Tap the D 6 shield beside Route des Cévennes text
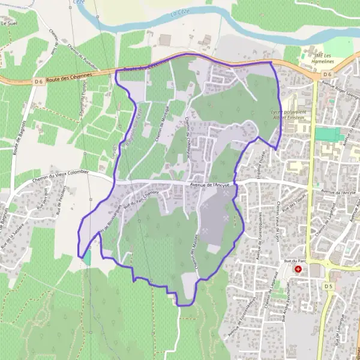40,81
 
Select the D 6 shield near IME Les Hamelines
327,74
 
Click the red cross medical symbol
298,270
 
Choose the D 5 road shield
328,286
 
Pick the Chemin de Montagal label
159,124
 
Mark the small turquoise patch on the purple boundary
87,257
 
